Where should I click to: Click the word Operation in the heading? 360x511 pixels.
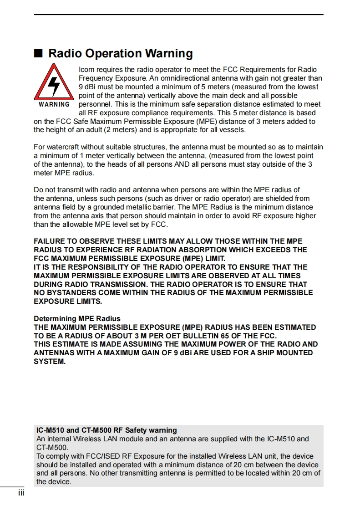tap(113, 53)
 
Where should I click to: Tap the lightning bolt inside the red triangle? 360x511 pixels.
tap(54, 85)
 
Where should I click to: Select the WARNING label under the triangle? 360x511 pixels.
tap(54, 104)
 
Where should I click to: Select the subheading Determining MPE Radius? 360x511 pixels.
tap(77, 319)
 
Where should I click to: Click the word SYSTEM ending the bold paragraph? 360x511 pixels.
tap(50, 362)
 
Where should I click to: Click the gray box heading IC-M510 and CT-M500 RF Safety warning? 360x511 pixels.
tap(106, 430)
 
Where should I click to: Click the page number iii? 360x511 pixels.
tap(21, 493)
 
